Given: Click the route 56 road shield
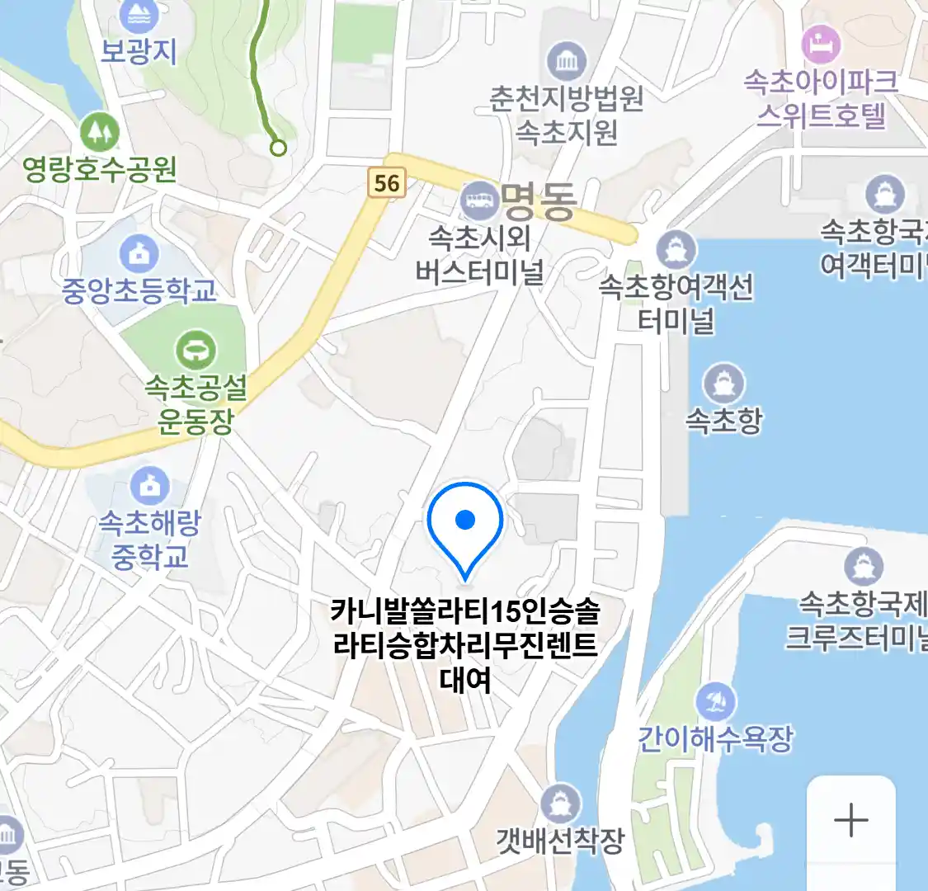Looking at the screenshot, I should click(x=387, y=183).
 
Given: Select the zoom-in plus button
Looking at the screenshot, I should click(x=850, y=820).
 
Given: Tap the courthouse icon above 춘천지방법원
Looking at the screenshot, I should click(x=567, y=62).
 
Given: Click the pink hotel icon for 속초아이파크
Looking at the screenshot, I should click(x=821, y=45).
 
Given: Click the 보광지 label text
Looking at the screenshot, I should click(x=139, y=51).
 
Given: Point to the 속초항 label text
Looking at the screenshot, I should click(x=723, y=421).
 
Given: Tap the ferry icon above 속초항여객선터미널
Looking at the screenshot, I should click(x=676, y=248).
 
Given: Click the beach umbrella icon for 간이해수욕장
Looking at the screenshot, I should click(x=714, y=702).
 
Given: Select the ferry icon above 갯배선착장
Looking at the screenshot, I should click(x=560, y=803).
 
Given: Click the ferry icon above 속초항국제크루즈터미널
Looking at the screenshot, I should click(x=864, y=567).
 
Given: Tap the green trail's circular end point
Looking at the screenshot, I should click(x=279, y=148).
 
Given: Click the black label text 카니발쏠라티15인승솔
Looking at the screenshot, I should click(x=465, y=612).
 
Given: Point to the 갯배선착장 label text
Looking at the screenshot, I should click(x=560, y=841).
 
